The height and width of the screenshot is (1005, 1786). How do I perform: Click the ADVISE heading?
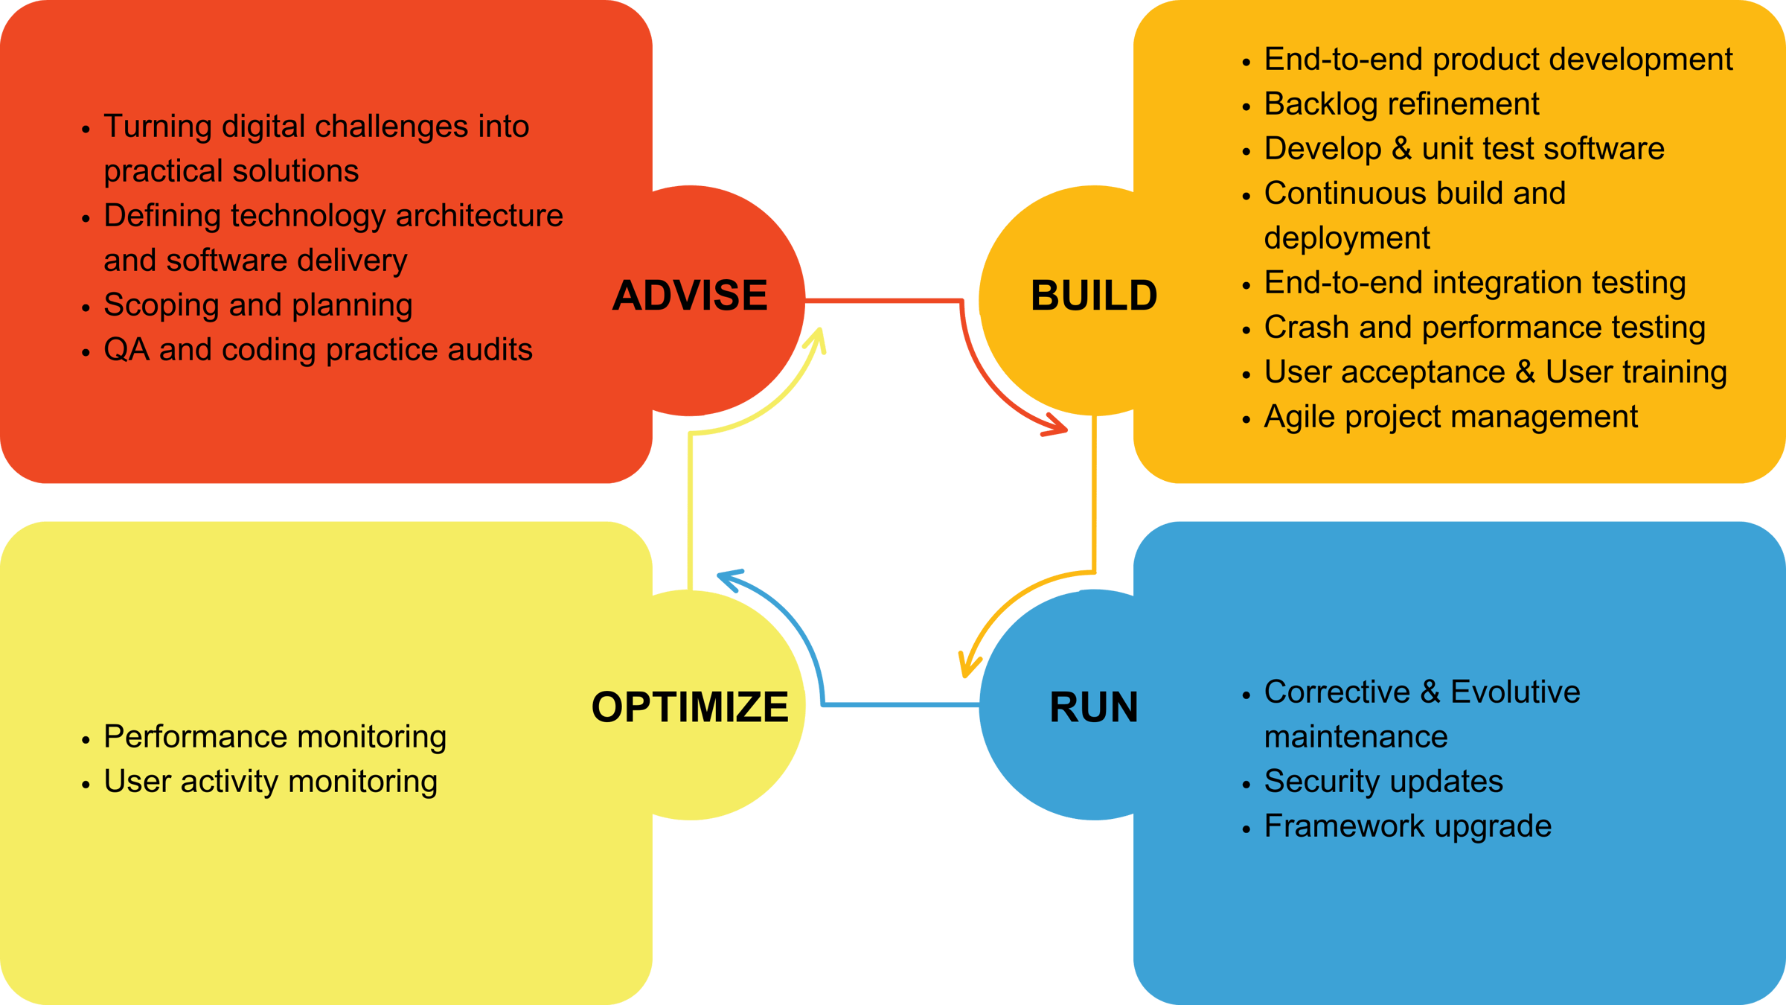click(689, 296)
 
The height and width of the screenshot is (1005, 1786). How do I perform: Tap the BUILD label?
click(1093, 296)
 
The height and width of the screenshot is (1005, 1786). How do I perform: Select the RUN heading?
click(1093, 707)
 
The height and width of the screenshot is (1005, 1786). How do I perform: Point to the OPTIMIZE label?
click(689, 707)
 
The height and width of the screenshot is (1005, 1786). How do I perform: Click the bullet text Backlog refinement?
click(1401, 104)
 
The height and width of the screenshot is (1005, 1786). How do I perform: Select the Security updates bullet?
click(1383, 782)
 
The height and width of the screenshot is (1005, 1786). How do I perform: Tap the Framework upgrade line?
click(1407, 826)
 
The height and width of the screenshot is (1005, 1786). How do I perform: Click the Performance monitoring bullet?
click(275, 737)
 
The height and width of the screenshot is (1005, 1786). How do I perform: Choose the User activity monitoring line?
click(270, 782)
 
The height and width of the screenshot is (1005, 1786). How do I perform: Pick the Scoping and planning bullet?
click(257, 305)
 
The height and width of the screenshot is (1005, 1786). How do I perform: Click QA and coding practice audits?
click(318, 350)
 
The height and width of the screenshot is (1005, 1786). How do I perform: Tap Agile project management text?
click(1450, 417)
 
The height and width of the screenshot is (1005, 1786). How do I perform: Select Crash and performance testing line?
click(1484, 328)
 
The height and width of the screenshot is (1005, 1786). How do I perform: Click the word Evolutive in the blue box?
click(1514, 692)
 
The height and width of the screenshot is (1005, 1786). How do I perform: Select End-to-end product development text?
click(1497, 60)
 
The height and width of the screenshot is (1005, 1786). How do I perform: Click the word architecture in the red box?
click(479, 216)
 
